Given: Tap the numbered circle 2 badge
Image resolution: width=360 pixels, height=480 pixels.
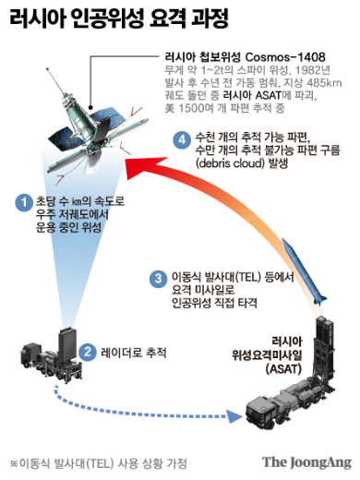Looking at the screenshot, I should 86,352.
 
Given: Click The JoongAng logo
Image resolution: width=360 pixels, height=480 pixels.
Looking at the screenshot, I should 304,462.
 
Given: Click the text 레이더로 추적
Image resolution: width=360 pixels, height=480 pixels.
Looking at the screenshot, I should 126,352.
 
